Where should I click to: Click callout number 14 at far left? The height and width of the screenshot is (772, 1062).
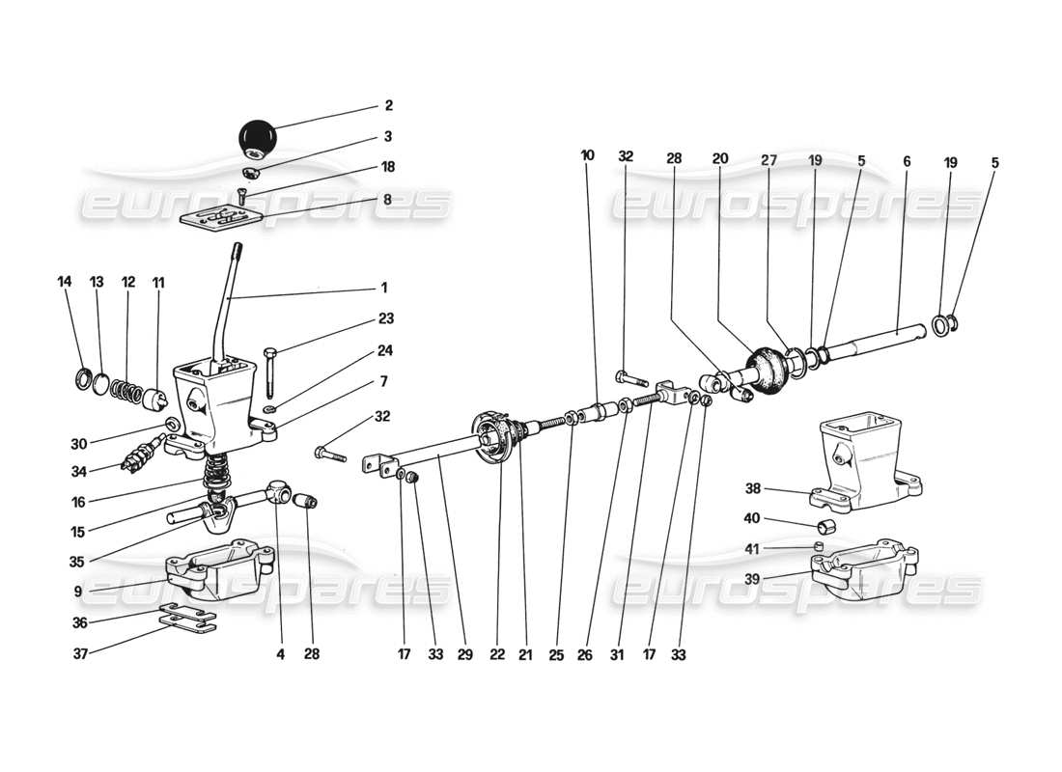click(65, 283)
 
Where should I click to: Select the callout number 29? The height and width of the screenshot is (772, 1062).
click(466, 654)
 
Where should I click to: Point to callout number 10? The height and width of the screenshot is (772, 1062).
click(589, 154)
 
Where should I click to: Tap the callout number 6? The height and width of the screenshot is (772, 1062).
click(907, 163)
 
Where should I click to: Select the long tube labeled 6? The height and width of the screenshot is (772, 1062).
click(883, 337)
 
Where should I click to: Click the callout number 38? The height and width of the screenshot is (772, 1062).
click(758, 488)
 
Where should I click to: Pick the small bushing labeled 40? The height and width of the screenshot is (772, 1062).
click(826, 527)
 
